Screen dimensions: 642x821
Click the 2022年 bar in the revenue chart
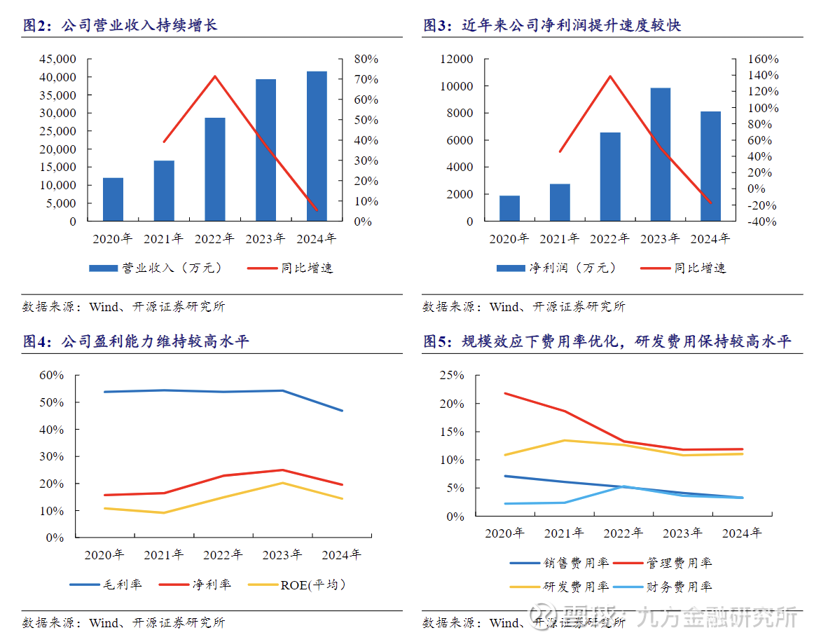[x=215, y=170]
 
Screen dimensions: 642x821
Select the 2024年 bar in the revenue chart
[x=317, y=146]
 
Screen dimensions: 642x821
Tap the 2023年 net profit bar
[x=661, y=154]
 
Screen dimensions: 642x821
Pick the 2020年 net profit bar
[x=509, y=208]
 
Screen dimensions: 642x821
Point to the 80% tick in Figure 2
[x=366, y=59]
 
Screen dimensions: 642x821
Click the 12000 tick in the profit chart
[x=457, y=59]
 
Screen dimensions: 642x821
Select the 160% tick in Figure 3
[x=763, y=59]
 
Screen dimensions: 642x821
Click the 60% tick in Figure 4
[x=50, y=375]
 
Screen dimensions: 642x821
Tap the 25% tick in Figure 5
[x=451, y=375]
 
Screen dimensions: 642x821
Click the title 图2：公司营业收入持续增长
[x=120, y=25]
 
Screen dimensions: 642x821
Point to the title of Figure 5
[x=607, y=341]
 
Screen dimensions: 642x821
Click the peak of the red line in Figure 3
[x=610, y=76]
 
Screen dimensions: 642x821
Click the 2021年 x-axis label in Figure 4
[x=163, y=555]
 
